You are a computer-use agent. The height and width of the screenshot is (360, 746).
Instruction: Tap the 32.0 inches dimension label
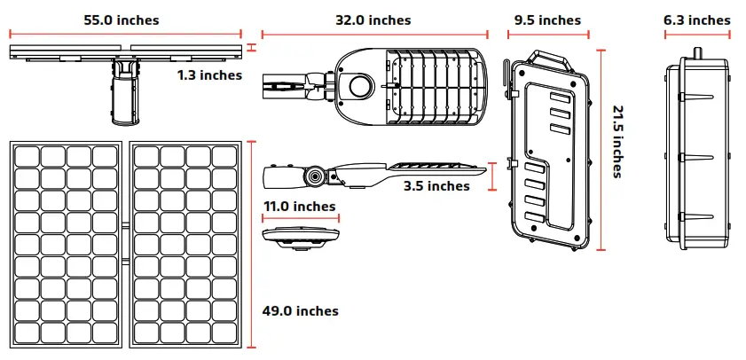tap(373, 20)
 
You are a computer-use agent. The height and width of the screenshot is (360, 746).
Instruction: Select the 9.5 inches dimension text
tap(546, 20)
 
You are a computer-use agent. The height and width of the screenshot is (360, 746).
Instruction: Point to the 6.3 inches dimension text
tap(697, 20)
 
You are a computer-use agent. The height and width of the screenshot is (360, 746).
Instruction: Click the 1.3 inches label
tap(209, 75)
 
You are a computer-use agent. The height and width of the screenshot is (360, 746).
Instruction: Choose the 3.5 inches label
tap(436, 186)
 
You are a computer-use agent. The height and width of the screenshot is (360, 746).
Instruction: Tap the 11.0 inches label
tap(300, 207)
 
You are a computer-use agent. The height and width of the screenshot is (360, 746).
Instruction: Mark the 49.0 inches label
tap(301, 311)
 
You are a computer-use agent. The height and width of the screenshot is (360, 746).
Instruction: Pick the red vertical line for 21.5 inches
tap(601, 151)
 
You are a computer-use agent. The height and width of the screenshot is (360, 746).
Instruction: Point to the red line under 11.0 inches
tap(300, 219)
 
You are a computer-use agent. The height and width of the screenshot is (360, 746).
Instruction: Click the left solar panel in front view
tap(67, 246)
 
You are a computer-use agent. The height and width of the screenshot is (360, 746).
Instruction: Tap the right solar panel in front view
tap(186, 246)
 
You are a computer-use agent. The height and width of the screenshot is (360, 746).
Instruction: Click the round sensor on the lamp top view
tap(360, 86)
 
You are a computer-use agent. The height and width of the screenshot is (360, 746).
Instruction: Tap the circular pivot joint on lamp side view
tap(315, 176)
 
